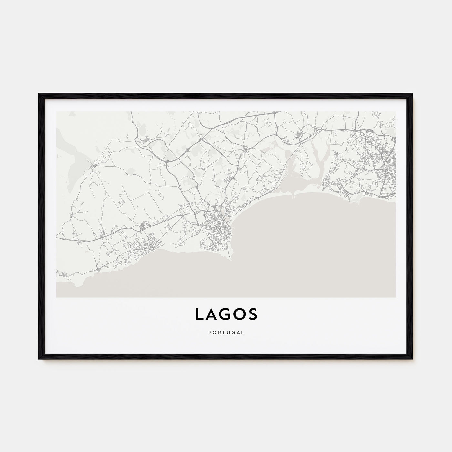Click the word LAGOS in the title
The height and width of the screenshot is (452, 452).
tap(226, 314)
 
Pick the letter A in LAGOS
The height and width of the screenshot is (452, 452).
tap(211, 314)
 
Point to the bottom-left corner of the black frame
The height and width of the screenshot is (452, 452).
tap(39, 359)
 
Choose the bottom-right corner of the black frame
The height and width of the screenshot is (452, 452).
tap(412, 359)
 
